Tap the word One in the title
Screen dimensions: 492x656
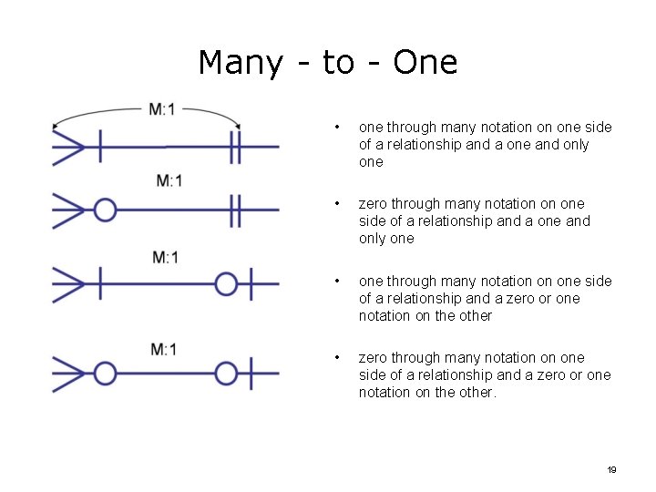[425, 63]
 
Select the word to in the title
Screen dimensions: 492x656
[338, 63]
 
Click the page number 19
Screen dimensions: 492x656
[611, 469]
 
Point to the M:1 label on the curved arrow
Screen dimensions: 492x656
[162, 110]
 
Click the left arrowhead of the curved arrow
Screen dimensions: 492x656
[56, 126]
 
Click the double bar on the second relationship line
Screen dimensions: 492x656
[235, 211]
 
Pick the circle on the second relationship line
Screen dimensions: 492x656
[106, 211]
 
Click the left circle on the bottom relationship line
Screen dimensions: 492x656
[106, 373]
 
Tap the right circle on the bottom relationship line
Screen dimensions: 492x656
[226, 373]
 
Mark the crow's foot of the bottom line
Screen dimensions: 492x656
[69, 373]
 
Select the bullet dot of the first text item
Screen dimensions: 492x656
[337, 128]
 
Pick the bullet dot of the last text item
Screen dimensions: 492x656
[337, 358]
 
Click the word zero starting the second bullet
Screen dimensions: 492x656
[374, 204]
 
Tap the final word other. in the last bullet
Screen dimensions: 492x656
[477, 393]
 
